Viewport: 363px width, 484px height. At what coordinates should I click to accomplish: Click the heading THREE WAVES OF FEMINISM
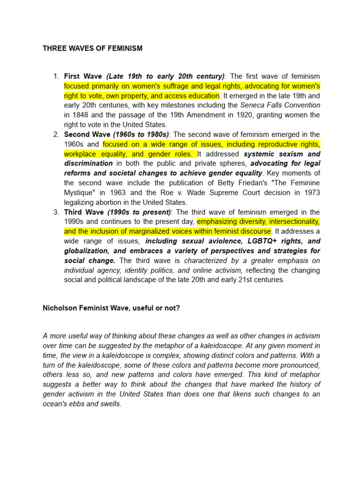93,48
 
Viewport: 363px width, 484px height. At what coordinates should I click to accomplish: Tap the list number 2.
55,135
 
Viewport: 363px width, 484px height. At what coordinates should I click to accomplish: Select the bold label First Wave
84,76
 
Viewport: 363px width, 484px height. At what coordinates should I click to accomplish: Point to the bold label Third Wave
85,212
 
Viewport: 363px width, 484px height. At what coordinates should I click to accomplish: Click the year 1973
310,193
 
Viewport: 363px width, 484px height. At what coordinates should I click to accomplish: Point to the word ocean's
54,404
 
